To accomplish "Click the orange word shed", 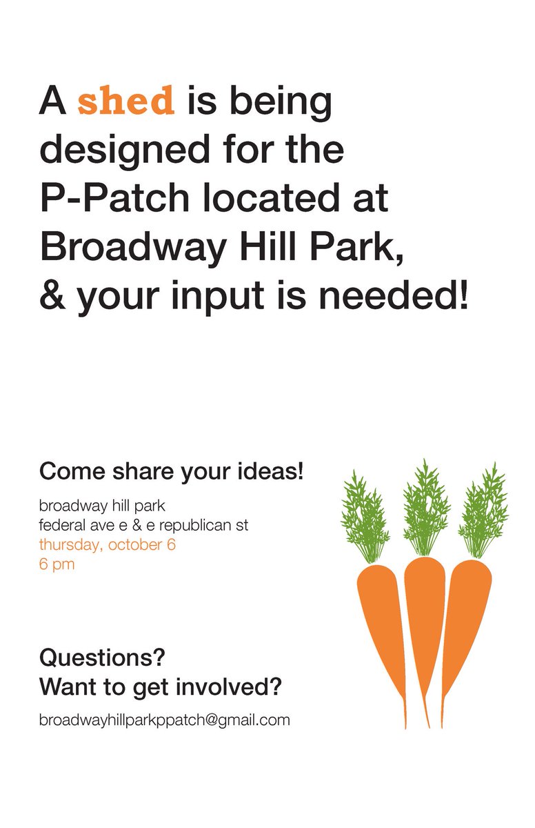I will pyautogui.click(x=126, y=101).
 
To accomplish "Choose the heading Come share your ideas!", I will pyautogui.click(x=172, y=473).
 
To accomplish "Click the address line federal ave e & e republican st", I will pyautogui.click(x=143, y=525).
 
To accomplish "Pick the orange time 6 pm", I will pyautogui.click(x=57, y=564).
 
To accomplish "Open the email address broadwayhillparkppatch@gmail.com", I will pyautogui.click(x=164, y=720).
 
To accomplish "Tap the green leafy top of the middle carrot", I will pyautogui.click(x=425, y=507).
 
